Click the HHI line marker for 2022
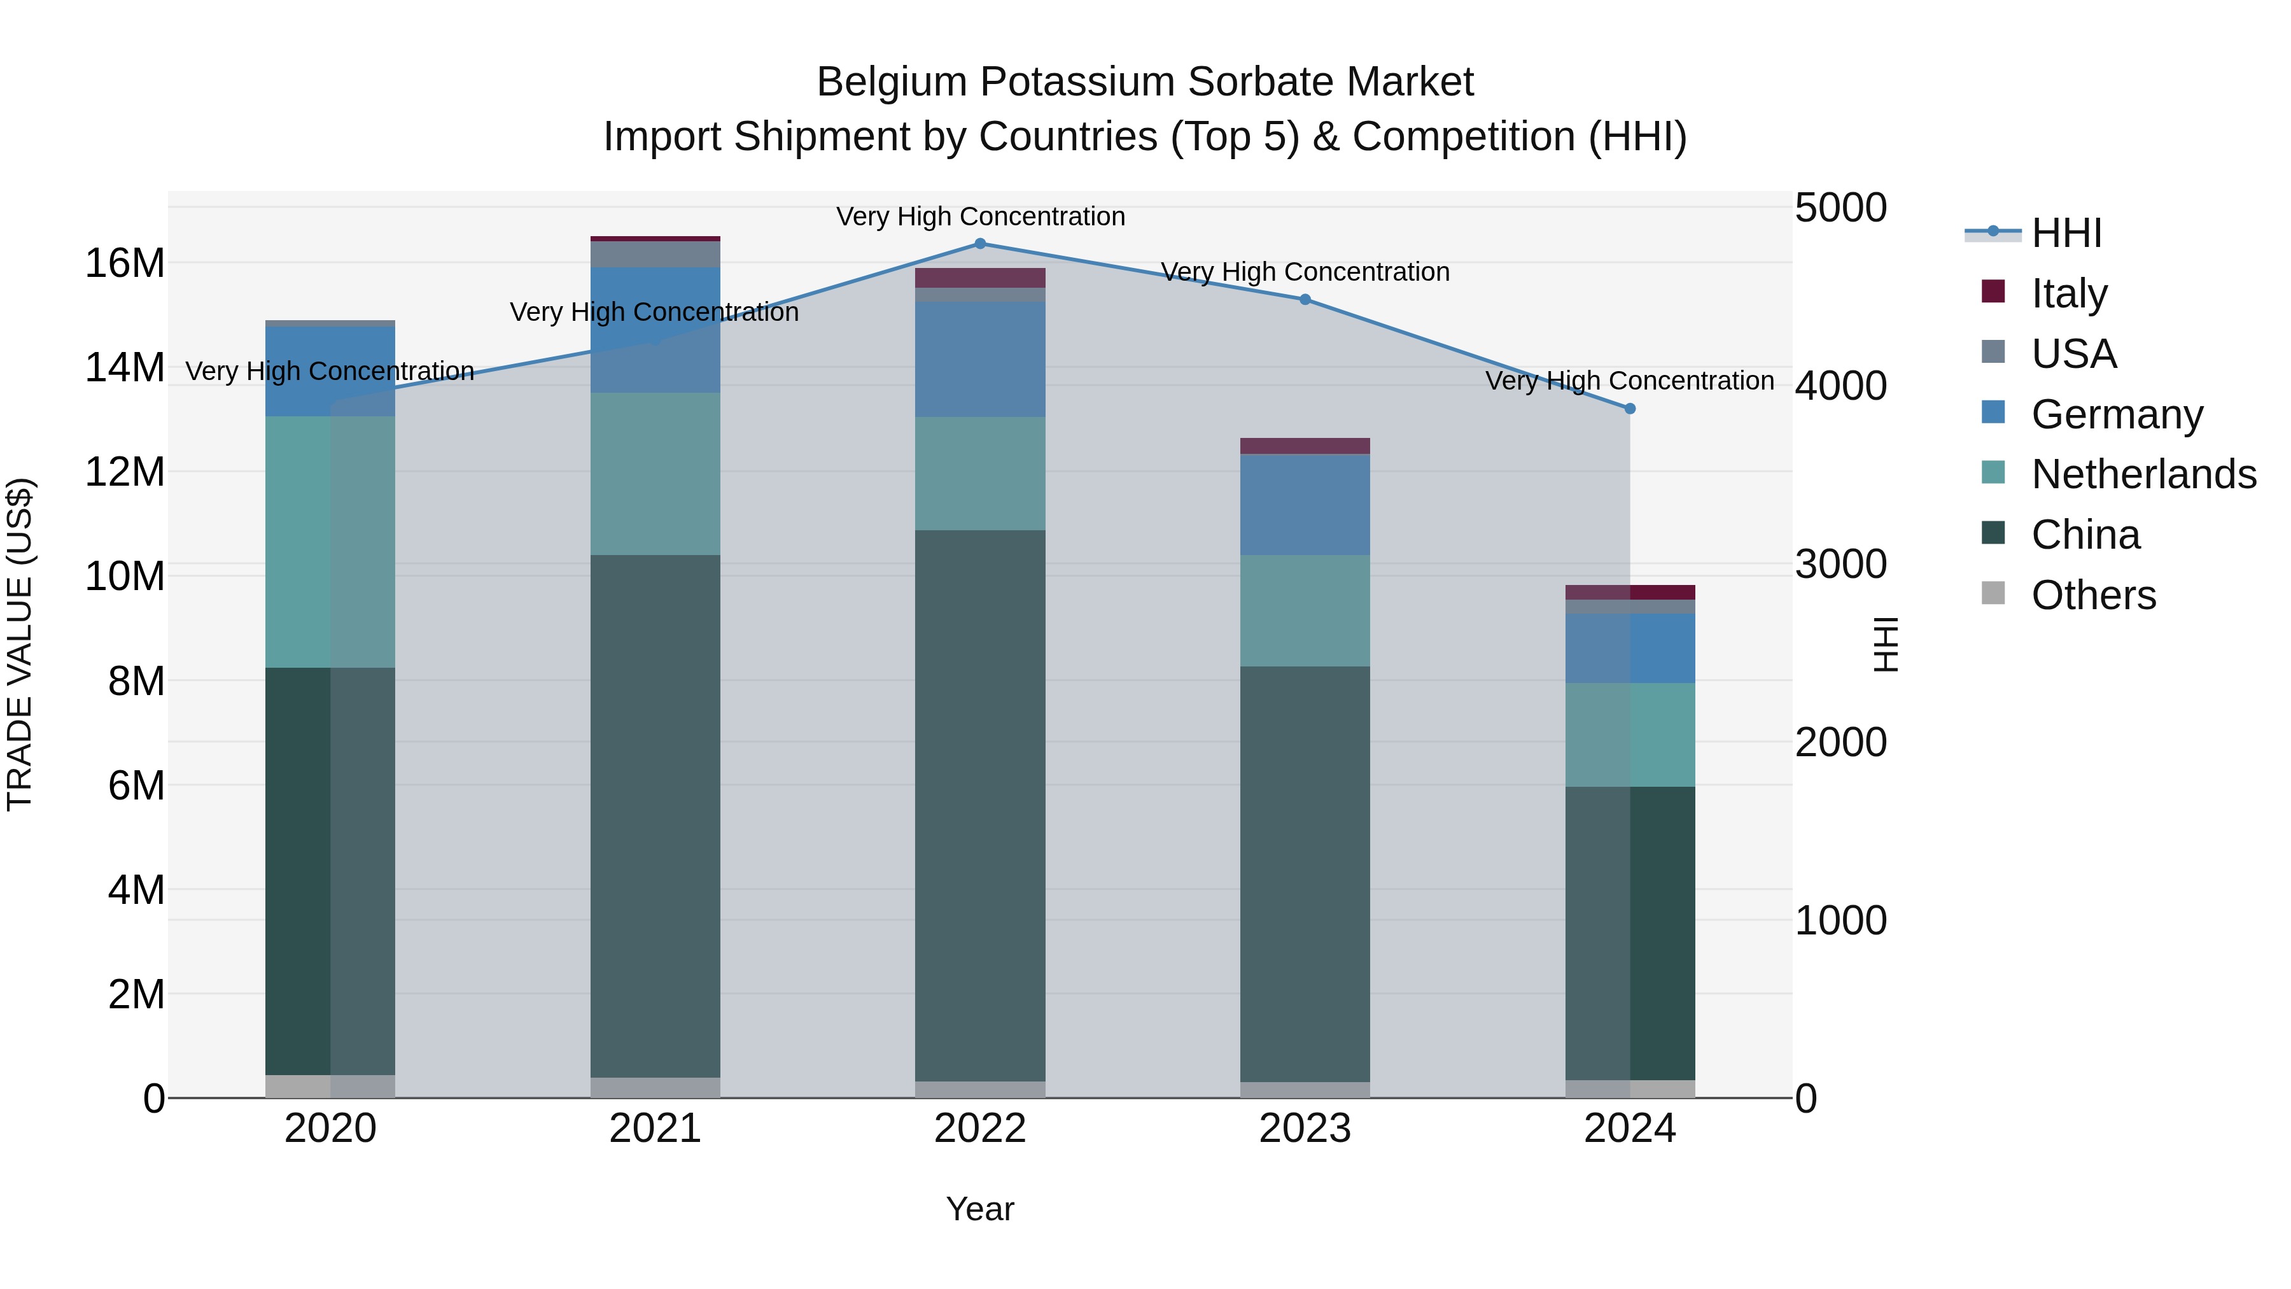pyautogui.click(x=980, y=244)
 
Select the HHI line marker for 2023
pyautogui.click(x=1305, y=300)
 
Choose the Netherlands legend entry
pyautogui.click(x=2143, y=474)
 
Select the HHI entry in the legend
pyautogui.click(x=2066, y=233)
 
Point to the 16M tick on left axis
pyautogui.click(x=125, y=264)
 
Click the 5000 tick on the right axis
pyautogui.click(x=1840, y=208)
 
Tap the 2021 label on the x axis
pyautogui.click(x=655, y=1129)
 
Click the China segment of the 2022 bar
pyautogui.click(x=980, y=805)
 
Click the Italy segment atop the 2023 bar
pyautogui.click(x=1305, y=446)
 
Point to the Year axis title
pyautogui.click(x=980, y=1209)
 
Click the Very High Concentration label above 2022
pyautogui.click(x=980, y=217)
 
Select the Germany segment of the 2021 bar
pyautogui.click(x=655, y=329)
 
